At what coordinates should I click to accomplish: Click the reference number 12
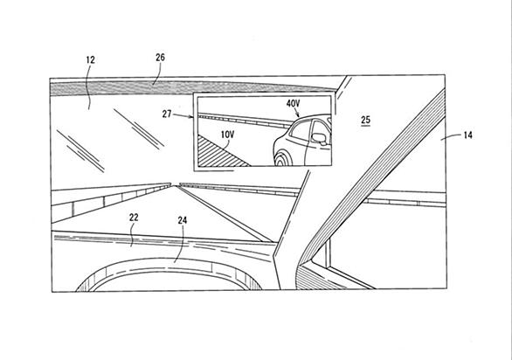tap(91, 60)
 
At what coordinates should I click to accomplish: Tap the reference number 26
tap(160, 58)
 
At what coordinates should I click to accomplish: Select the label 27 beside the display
tap(167, 114)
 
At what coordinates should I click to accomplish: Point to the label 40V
tap(293, 104)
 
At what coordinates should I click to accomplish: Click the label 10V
tap(227, 135)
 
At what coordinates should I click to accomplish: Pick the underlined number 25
tap(366, 121)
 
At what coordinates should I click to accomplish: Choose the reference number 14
tap(468, 135)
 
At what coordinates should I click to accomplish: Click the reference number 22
tap(134, 218)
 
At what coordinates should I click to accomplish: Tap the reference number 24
tap(183, 220)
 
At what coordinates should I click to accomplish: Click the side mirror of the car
tap(319, 139)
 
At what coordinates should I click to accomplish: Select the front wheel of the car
tap(283, 159)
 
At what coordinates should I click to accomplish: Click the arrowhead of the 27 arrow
tap(191, 116)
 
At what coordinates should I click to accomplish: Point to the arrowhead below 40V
tap(297, 115)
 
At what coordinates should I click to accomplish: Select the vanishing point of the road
tap(176, 185)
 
